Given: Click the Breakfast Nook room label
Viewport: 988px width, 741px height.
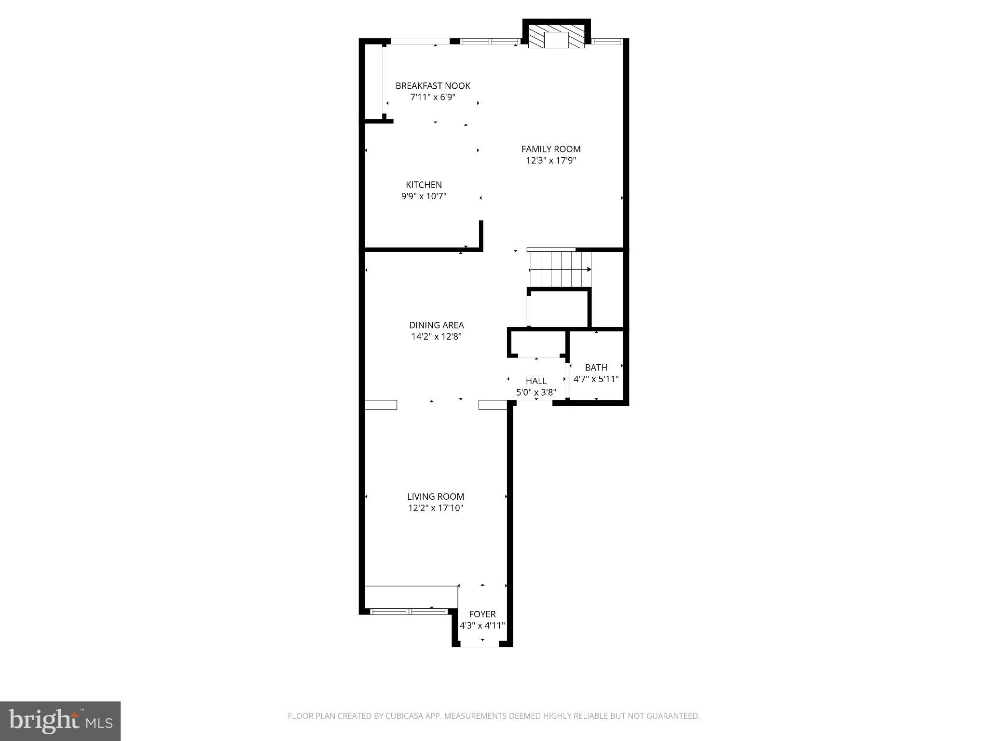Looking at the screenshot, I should point(433,86).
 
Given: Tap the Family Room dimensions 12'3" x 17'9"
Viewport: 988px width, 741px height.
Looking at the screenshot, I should point(551,161).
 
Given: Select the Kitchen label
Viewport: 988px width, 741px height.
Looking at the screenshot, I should point(424,185).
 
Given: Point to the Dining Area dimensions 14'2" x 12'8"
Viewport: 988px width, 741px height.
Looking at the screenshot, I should point(436,337).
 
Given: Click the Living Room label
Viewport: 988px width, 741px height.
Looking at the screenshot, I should point(436,496).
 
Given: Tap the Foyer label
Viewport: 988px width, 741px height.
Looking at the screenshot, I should point(482,614).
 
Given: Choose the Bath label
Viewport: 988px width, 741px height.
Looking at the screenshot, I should point(596,368).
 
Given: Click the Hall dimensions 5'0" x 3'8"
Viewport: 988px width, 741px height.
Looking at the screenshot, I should point(536,393).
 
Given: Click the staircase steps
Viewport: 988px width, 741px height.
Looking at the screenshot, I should point(560,269).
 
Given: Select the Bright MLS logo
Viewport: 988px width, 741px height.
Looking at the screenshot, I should point(60,721).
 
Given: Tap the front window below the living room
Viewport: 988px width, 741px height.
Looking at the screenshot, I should point(409,611).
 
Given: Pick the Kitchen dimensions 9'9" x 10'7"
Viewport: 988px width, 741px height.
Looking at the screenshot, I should point(424,196).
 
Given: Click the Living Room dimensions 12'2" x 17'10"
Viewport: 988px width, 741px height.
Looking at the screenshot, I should point(436,508).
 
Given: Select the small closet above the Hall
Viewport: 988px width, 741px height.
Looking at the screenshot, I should point(536,343).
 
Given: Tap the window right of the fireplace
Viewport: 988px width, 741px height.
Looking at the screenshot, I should point(607,41).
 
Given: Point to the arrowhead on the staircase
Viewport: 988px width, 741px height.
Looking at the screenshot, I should point(589,269).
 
